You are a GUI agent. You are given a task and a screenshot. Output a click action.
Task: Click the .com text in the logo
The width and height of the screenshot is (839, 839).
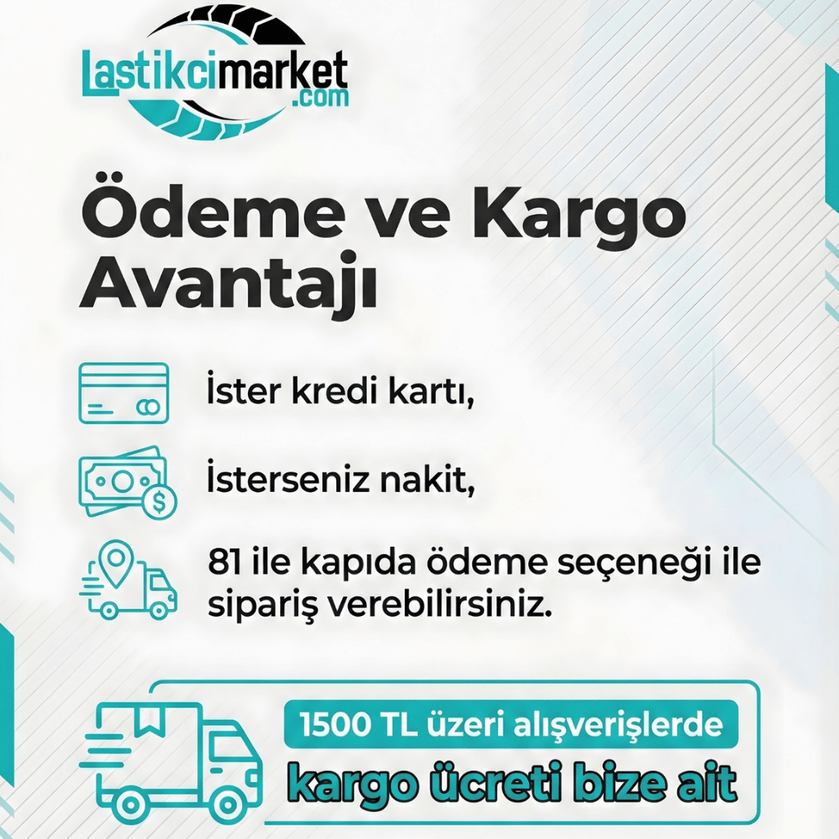click(x=322, y=98)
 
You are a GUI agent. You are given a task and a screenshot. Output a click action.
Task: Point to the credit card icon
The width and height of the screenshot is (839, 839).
click(x=124, y=393)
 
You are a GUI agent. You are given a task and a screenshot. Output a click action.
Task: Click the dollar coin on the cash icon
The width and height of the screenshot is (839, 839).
click(x=159, y=500)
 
